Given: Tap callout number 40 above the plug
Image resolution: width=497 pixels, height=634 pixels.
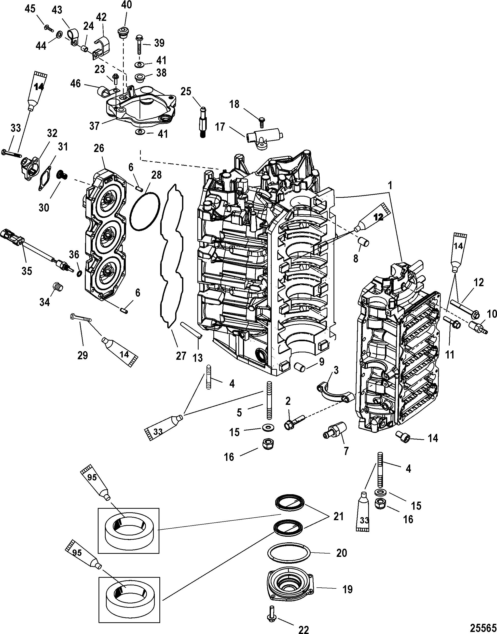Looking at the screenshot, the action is (x=126, y=6).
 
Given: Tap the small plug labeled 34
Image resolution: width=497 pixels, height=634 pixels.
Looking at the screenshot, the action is (x=57, y=286).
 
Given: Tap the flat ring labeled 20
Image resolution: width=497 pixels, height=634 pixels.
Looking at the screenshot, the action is (x=289, y=552).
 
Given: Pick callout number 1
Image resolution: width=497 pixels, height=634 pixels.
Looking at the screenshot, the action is (x=390, y=186).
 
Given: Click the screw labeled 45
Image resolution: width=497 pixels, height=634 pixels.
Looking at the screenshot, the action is (x=49, y=28).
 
